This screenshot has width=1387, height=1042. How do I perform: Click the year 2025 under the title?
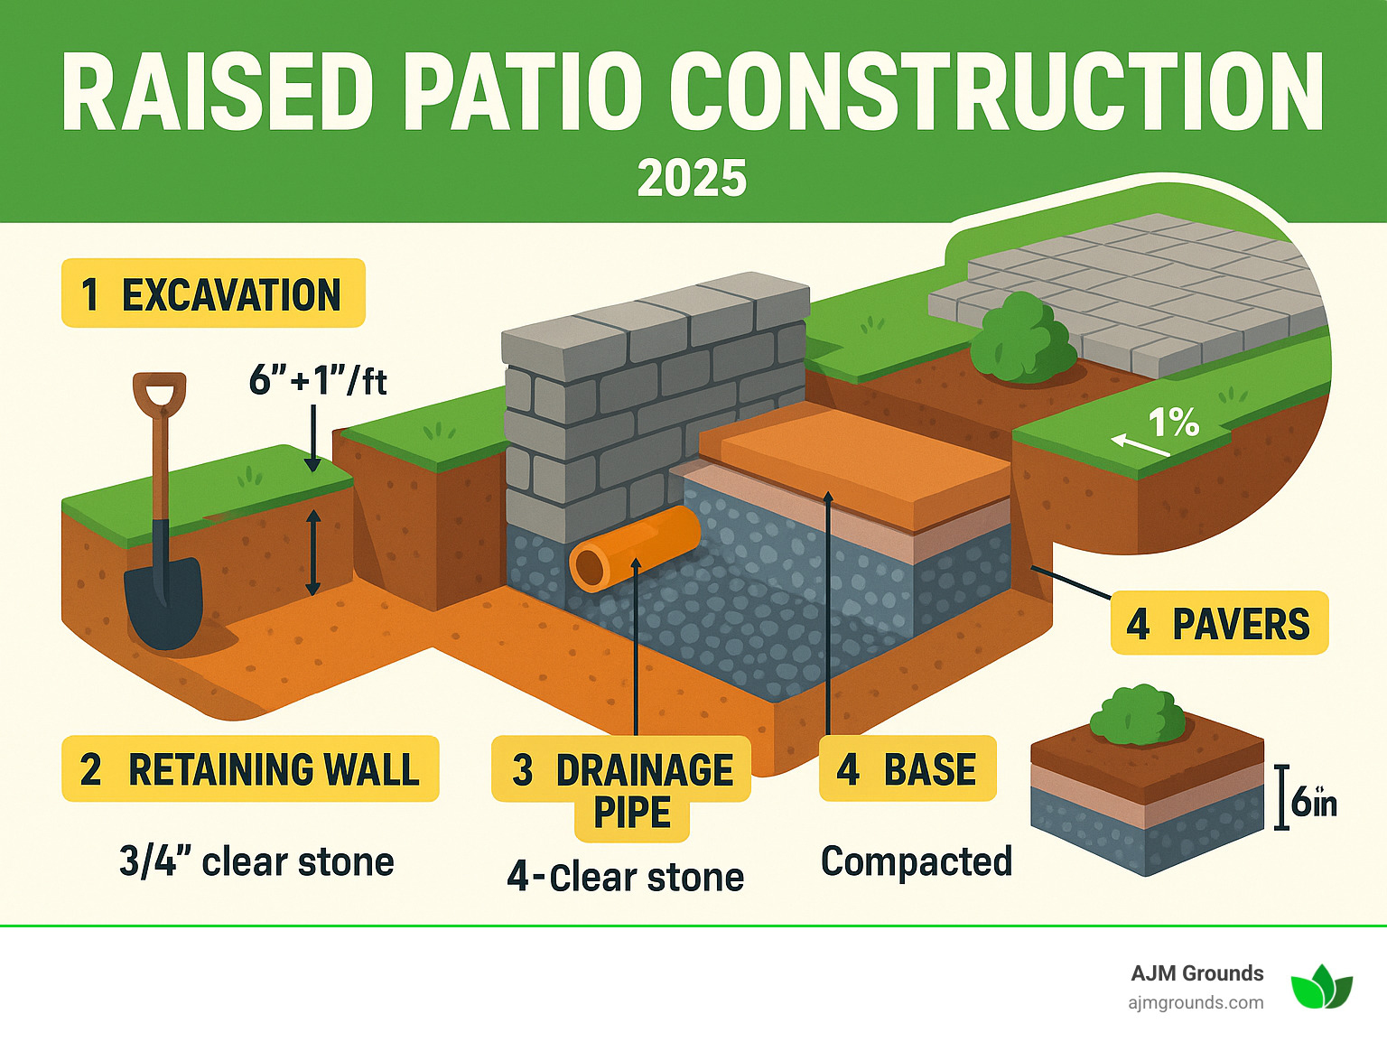tap(692, 178)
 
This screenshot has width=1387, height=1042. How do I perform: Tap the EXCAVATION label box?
tap(213, 293)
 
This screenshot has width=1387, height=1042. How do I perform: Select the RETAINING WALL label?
tap(250, 769)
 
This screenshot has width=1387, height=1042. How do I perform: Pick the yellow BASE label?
tap(908, 769)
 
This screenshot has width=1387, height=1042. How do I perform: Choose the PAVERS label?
tap(1219, 623)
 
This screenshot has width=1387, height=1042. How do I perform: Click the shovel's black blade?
tap(163, 601)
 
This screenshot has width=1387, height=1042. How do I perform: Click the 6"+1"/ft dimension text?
tap(317, 380)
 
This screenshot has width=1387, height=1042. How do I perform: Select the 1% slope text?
tap(1172, 422)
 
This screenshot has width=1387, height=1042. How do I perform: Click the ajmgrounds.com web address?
tap(1196, 1002)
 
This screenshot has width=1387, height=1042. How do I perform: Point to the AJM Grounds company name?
tap(1196, 972)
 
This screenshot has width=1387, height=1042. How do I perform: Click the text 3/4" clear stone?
tap(256, 861)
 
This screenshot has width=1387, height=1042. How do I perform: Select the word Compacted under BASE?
tap(916, 861)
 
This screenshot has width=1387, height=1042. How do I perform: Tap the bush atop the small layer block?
tap(1137, 713)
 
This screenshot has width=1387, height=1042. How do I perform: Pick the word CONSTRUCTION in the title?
tap(996, 93)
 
